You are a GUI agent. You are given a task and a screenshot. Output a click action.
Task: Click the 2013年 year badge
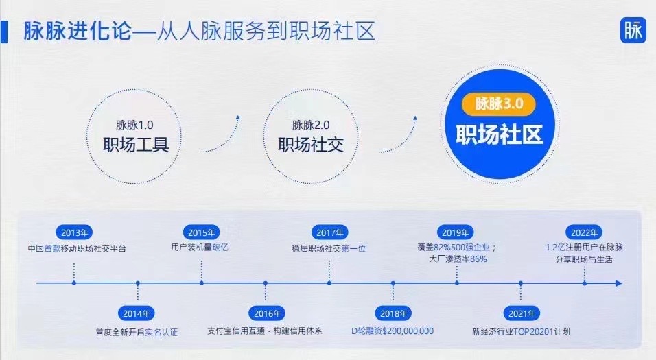pos(74,232)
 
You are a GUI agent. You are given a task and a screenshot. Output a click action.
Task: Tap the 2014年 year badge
pos(137,313)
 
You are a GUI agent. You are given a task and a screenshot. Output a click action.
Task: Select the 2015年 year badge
pos(201,232)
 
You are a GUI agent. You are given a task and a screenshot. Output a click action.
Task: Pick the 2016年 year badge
pos(267,313)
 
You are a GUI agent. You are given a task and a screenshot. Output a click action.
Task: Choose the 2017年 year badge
pos(329,232)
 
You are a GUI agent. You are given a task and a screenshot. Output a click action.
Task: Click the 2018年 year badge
pos(393,313)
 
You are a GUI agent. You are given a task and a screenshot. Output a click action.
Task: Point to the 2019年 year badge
pos(456,232)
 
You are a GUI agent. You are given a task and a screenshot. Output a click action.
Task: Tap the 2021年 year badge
pos(522,313)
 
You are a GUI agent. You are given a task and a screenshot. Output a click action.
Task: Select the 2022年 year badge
pos(584,232)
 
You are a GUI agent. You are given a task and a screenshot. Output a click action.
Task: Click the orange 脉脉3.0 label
pos(499,104)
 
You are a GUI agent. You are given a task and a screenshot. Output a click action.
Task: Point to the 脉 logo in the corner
pos(633,30)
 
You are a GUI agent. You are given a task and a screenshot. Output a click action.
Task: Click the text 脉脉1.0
pos(134,125)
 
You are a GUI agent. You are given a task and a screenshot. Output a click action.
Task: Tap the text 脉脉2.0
pos(311,125)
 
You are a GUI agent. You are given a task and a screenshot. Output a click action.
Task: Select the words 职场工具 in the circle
pos(136,145)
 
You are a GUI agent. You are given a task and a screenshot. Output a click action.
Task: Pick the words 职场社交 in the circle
pos(311,145)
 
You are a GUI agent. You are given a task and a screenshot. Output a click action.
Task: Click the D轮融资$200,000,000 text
pos(393,331)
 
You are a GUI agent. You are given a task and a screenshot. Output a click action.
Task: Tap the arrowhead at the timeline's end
pos(619,283)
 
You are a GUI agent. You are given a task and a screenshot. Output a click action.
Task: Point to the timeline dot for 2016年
pos(266,283)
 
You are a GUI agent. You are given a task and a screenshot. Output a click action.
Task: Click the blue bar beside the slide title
pos(3,31)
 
